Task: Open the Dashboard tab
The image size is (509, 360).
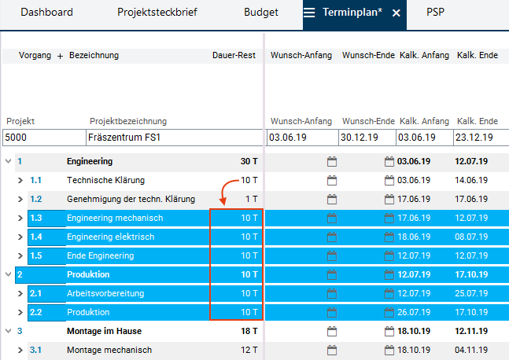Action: pos(46,13)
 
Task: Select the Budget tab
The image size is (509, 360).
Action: pos(261,13)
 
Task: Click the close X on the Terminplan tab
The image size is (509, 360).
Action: pos(397,13)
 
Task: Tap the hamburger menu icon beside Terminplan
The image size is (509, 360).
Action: pos(310,13)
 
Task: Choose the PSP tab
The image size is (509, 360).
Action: pos(436,13)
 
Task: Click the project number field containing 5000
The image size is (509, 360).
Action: pos(42,138)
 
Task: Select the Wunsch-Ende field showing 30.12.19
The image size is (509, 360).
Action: pos(367,138)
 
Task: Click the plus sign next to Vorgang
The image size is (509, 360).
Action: pos(61,56)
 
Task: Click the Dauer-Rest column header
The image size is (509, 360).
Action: pos(234,56)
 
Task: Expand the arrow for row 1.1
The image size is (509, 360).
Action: pos(21,180)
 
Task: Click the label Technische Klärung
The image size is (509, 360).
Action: pos(106,180)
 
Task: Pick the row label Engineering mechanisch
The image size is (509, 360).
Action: pos(115,218)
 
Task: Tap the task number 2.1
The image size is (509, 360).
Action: pos(36,293)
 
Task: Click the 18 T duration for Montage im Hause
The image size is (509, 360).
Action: pos(249,331)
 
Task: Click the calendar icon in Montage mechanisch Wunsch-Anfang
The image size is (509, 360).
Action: pos(332,350)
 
